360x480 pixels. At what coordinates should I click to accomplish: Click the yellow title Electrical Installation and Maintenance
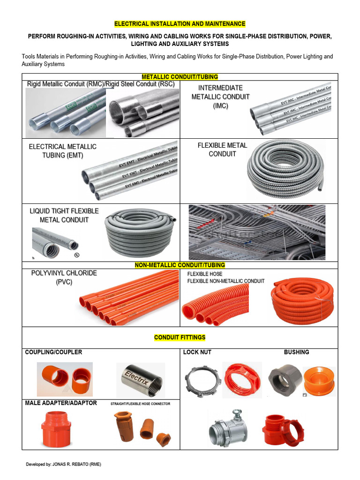tap(180, 23)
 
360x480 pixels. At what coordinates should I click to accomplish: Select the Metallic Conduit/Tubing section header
tap(180, 77)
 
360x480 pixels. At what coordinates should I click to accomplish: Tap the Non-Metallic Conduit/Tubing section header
tap(180, 265)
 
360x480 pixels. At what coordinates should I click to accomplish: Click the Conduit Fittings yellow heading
tap(180, 337)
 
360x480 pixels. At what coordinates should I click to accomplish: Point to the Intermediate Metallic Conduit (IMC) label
tap(220, 97)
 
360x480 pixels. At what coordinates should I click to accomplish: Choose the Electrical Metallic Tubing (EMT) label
tap(62, 151)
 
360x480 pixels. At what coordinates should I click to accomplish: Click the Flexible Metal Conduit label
tap(222, 150)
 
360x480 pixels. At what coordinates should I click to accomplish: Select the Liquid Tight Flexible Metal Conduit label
tap(64, 215)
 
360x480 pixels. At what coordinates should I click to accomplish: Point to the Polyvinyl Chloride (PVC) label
tap(64, 277)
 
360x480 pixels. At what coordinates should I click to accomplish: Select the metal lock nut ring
tap(202, 379)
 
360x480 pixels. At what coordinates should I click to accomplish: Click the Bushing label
tap(296, 352)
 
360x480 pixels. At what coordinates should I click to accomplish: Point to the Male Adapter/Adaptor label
tap(61, 403)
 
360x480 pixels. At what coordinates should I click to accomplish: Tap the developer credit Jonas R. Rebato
tap(63, 464)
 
